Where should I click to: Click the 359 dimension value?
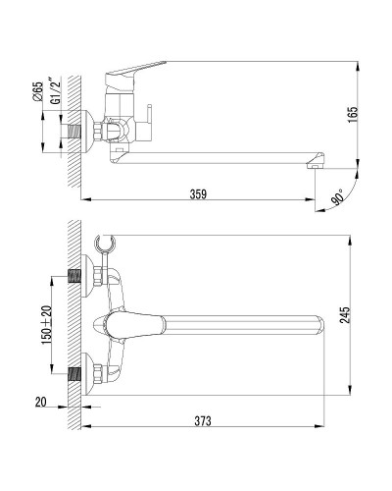(x=198, y=193)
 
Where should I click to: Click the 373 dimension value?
(x=203, y=420)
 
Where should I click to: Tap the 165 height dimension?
(x=353, y=115)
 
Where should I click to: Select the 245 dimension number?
(x=344, y=315)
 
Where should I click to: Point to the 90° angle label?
(x=337, y=196)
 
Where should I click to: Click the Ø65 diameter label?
(x=38, y=91)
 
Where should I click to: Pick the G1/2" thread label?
(x=55, y=90)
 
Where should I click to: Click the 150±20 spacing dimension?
(x=46, y=325)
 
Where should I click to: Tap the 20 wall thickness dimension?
(x=41, y=402)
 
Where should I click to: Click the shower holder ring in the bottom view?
(x=105, y=243)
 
